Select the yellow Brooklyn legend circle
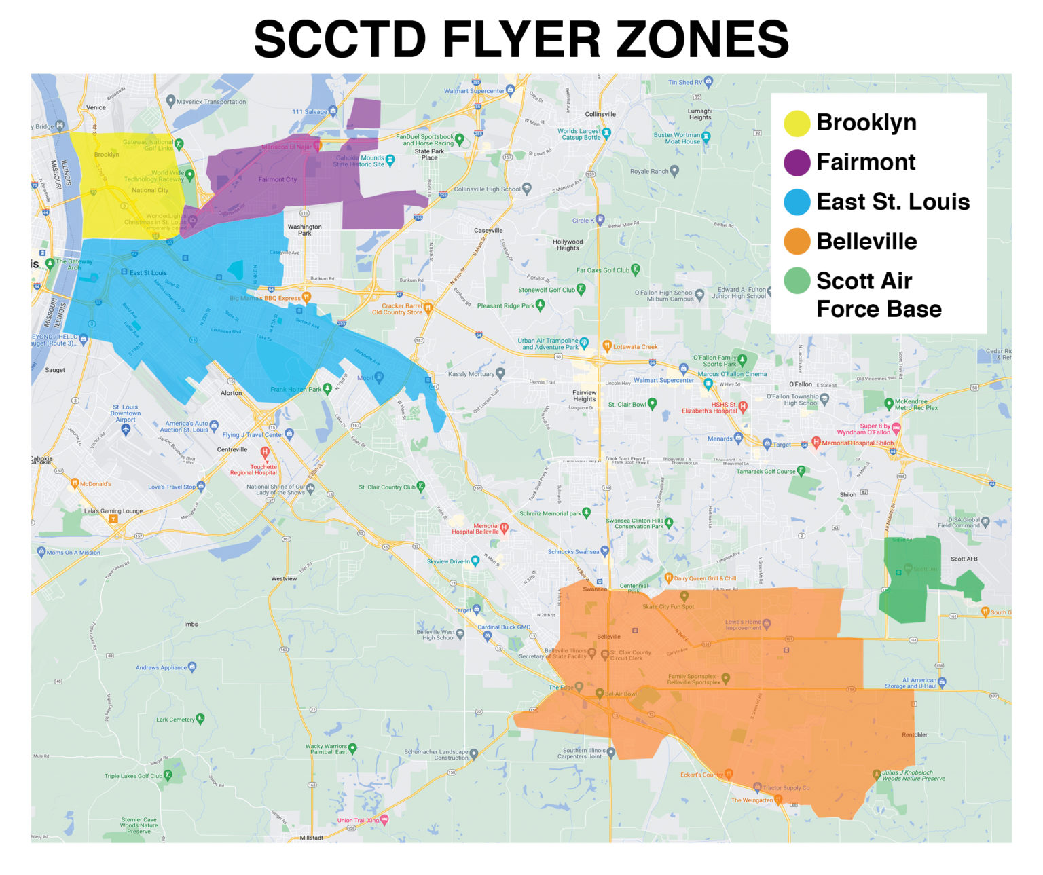(x=797, y=123)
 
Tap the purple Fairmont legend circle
(x=797, y=163)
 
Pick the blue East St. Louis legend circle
(x=797, y=202)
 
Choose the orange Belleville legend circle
(x=797, y=242)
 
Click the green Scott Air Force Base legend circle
(x=797, y=281)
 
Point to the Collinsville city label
(x=600, y=114)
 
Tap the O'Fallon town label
(x=801, y=384)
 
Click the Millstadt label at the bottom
(x=311, y=838)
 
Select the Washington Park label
(x=304, y=230)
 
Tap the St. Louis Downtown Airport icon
(x=126, y=430)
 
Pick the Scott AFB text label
(x=964, y=559)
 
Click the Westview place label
(x=284, y=578)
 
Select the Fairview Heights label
(x=584, y=396)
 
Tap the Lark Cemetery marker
(x=200, y=719)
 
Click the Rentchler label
(x=914, y=734)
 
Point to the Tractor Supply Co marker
(x=757, y=787)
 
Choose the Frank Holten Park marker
(x=327, y=388)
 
